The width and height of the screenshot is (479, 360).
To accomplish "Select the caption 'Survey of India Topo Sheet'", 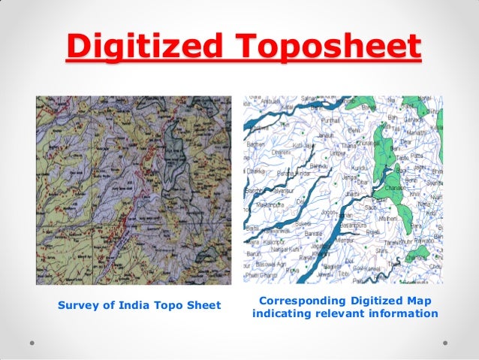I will coord(139,305).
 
